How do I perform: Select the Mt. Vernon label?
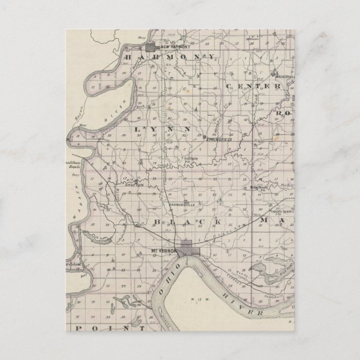coord(166,251)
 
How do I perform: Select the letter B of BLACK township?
coord(157,222)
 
